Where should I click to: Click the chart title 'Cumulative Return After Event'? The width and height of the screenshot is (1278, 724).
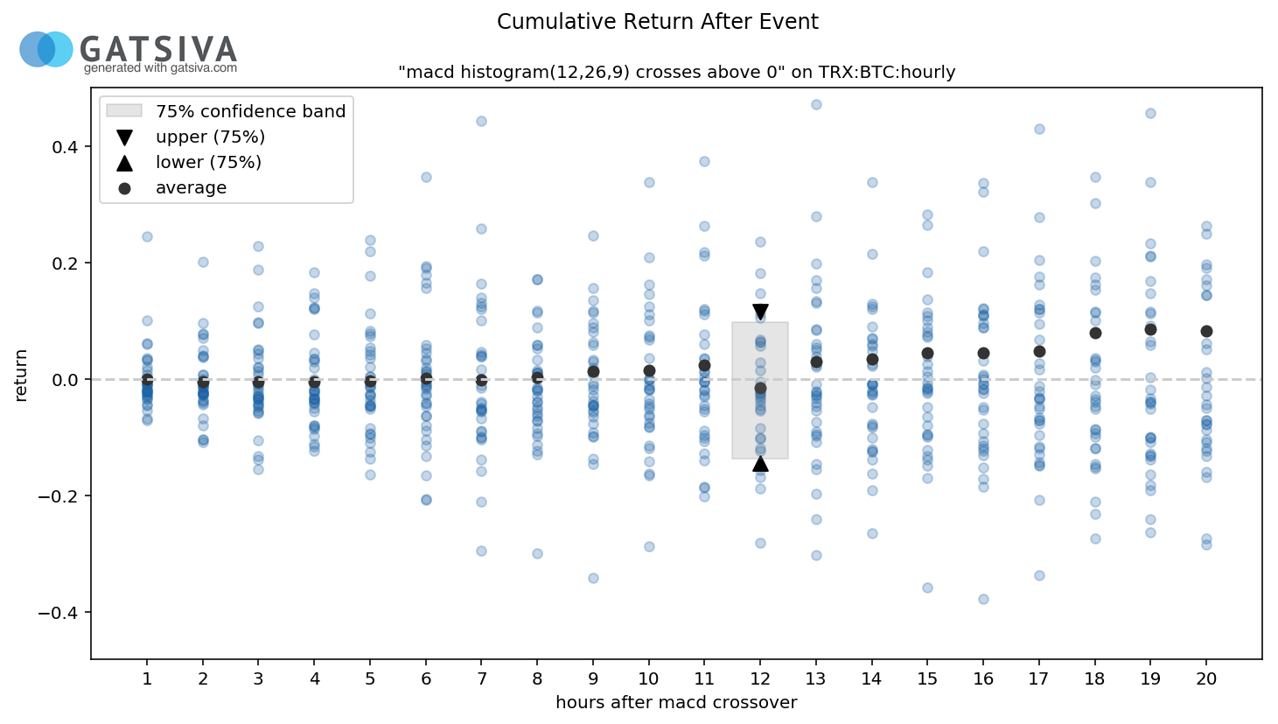pos(657,22)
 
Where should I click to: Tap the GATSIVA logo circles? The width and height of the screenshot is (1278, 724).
pos(46,49)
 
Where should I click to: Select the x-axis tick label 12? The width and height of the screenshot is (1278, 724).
pos(760,679)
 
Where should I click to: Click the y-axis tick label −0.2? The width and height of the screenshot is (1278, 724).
pos(57,496)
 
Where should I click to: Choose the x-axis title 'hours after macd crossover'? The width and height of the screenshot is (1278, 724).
pos(676,702)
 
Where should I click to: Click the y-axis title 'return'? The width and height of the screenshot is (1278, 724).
pos(21,376)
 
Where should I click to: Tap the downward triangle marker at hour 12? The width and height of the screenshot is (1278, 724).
pos(760,312)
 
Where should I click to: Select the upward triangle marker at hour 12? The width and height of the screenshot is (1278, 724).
pos(760,463)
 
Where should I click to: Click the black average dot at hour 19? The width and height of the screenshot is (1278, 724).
pos(1150,329)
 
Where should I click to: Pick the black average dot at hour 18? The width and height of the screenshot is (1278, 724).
pos(1095,333)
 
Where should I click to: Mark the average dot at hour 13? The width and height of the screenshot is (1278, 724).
pos(816,362)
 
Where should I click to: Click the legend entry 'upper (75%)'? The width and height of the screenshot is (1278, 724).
pos(210,137)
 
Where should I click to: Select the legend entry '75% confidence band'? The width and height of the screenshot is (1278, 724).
pos(250,112)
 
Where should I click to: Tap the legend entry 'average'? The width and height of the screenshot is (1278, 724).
pos(191,188)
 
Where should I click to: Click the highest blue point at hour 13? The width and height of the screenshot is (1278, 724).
pos(816,104)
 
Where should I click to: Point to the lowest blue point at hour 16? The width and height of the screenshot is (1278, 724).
pos(983,599)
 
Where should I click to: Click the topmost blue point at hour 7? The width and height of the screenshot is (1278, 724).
pos(481,121)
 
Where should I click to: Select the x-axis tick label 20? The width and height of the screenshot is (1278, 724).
pos(1206,679)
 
